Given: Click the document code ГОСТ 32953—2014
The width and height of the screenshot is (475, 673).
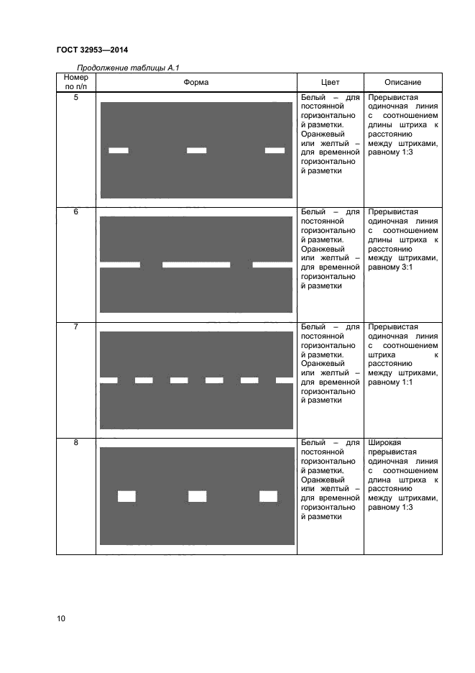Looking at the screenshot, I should [91, 50].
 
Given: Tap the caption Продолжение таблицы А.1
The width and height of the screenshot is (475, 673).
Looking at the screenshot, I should [127, 68].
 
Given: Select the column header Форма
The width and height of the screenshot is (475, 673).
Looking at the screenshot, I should [195, 83].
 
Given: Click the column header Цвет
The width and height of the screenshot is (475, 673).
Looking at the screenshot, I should [330, 83].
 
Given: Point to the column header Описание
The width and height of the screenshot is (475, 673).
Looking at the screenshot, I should [402, 83].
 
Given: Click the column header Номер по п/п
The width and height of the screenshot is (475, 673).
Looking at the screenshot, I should [75, 82].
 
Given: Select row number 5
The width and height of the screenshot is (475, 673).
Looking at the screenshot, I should [75, 98].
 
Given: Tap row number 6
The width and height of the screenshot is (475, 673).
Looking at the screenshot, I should [75, 213].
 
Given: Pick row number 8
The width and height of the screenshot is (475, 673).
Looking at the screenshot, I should [75, 443].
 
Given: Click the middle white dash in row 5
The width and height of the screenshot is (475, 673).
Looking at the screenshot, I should [196, 150].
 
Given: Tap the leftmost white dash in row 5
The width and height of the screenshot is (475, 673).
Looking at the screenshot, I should [119, 150].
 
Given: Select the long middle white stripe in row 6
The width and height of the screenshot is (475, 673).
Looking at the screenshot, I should [196, 265].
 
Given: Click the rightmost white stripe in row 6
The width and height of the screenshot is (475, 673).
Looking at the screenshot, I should [273, 265].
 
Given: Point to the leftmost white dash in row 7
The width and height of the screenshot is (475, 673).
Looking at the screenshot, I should [109, 380].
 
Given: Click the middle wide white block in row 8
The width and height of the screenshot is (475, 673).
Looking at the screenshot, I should [197, 495].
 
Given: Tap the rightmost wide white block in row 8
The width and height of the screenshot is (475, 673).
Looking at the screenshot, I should [268, 495].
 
